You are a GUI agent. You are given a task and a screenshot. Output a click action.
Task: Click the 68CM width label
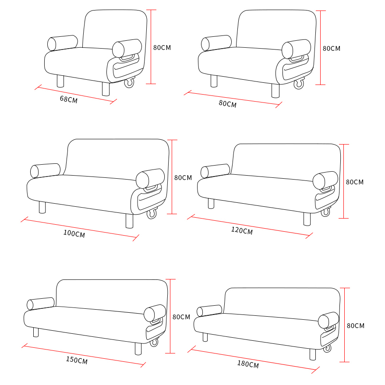click(69, 100)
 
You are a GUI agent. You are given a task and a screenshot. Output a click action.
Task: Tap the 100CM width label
click(74, 233)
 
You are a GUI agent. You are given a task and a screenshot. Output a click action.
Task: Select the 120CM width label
click(242, 231)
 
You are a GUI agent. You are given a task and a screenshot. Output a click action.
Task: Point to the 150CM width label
click(77, 360)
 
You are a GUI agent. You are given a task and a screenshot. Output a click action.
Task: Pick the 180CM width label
click(248, 364)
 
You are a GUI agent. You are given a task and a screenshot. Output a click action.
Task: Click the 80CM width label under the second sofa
click(228, 104)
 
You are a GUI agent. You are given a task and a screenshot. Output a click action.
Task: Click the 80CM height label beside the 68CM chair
click(162, 48)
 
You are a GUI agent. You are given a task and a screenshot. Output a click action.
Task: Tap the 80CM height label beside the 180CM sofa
click(356, 326)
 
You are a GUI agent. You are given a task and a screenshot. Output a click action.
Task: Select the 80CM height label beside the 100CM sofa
click(183, 178)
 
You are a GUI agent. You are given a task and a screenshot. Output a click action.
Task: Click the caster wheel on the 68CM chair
click(129, 82)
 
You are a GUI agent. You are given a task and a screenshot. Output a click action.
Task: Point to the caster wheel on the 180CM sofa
click(327, 348)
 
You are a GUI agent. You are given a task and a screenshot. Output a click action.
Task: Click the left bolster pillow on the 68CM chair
click(62, 43)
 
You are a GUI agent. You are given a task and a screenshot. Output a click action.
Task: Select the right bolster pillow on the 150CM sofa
click(155, 313)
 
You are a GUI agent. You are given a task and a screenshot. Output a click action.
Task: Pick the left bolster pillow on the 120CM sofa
click(215, 171)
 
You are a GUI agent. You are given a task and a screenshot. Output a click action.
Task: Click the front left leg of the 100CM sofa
click(42, 208)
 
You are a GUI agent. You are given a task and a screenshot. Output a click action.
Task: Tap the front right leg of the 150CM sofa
click(138, 349)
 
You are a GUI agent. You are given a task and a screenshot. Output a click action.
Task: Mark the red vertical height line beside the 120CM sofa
click(344, 181)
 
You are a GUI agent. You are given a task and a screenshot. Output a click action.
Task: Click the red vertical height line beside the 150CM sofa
click(170, 316)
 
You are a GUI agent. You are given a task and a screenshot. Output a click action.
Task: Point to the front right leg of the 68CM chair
click(106, 89)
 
